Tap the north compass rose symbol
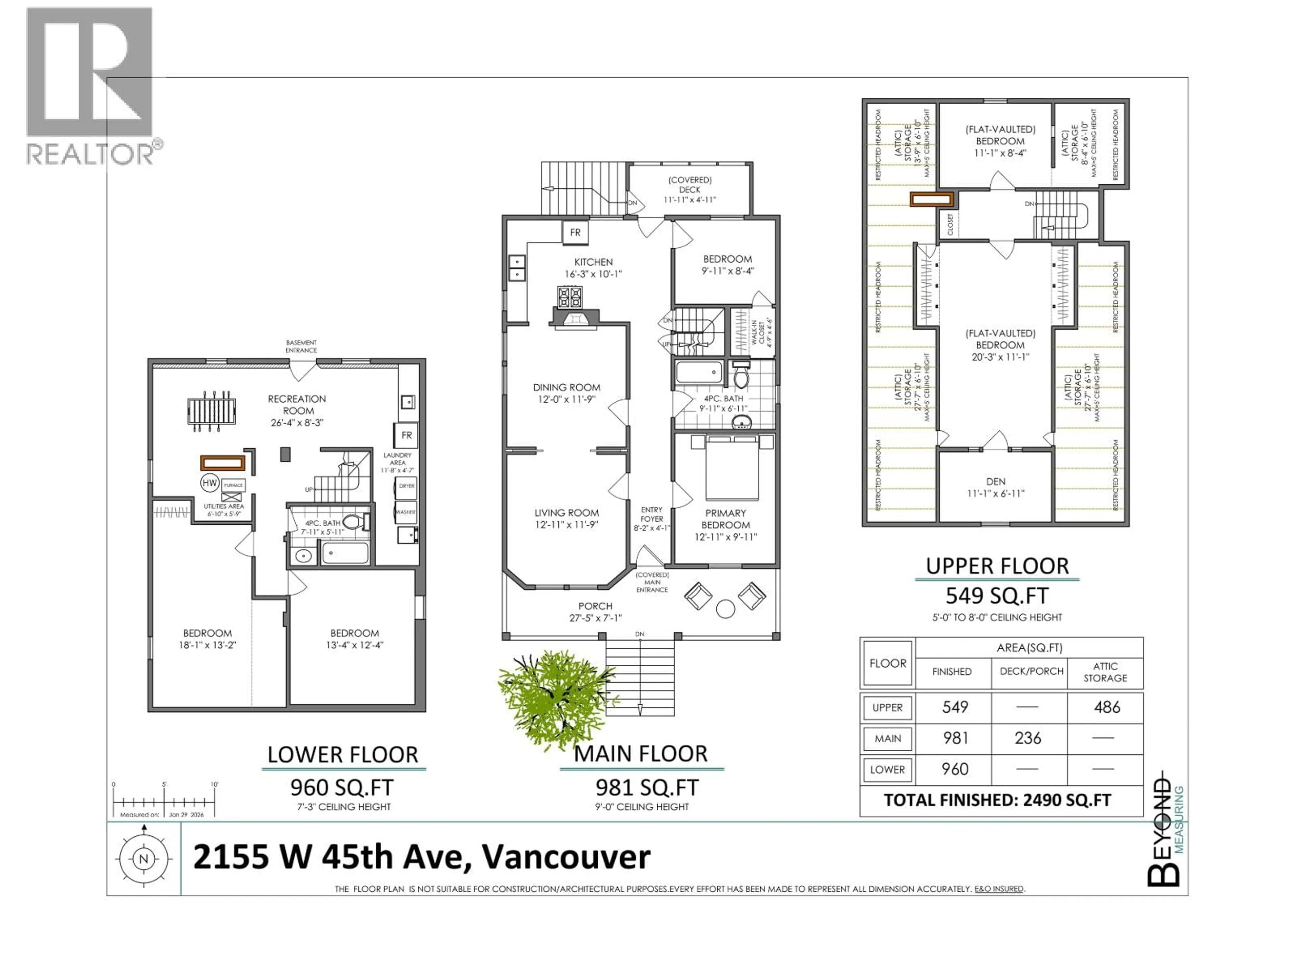(143, 859)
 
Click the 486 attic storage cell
(1107, 707)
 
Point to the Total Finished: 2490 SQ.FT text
(997, 800)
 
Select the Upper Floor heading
(997, 566)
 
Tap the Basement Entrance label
(301, 346)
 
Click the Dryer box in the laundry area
(407, 486)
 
